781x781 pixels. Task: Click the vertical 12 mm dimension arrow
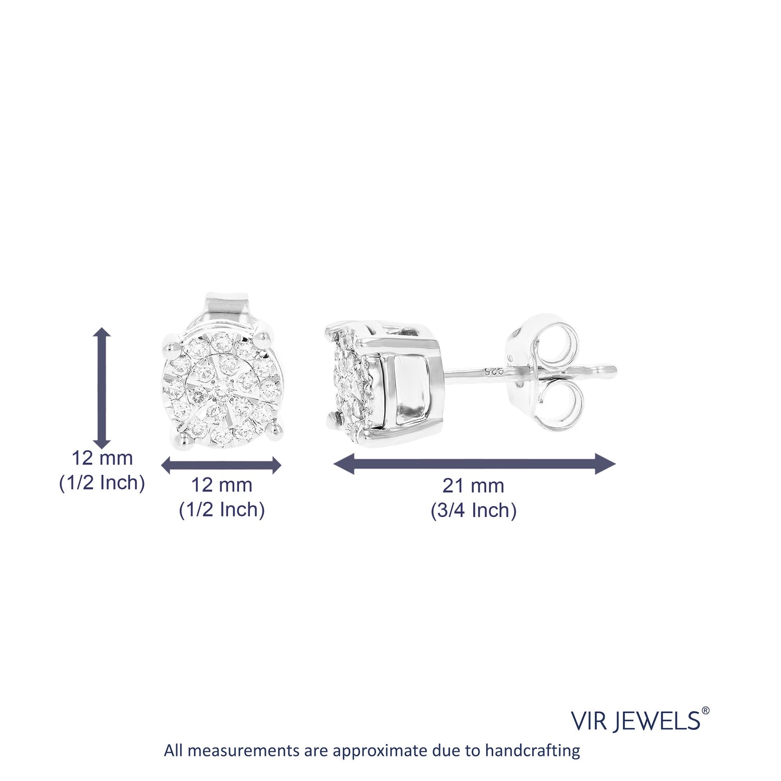[x=102, y=388]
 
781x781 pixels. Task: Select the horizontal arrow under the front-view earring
[x=221, y=465]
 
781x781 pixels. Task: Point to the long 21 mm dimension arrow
[x=474, y=464]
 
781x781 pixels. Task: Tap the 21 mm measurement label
[x=473, y=486]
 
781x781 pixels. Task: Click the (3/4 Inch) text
[x=473, y=510]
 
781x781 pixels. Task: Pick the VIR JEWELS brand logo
[x=640, y=720]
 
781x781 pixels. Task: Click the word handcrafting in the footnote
[x=533, y=751]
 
